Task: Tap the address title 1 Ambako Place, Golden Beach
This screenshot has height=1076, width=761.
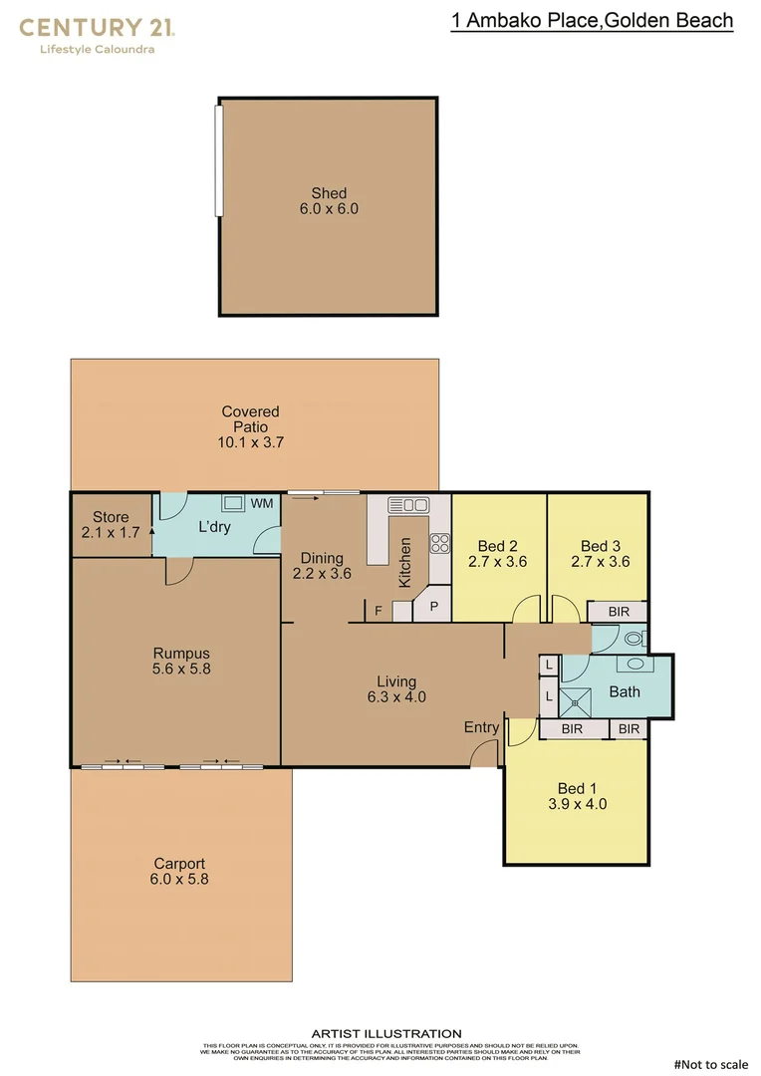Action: pyautogui.click(x=592, y=21)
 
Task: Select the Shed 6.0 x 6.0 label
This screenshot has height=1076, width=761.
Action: pyautogui.click(x=329, y=201)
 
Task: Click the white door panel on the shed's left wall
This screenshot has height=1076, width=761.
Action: pyautogui.click(x=219, y=160)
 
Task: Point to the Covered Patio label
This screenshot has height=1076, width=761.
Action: pyautogui.click(x=251, y=426)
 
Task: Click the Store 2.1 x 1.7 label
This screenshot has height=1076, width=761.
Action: pyautogui.click(x=111, y=525)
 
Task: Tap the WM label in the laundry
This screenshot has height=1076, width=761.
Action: pyautogui.click(x=262, y=504)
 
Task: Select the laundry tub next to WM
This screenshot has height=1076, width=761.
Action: pyautogui.click(x=234, y=503)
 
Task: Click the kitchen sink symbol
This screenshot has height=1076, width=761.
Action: pyautogui.click(x=407, y=504)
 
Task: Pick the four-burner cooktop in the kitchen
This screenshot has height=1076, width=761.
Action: pyautogui.click(x=439, y=543)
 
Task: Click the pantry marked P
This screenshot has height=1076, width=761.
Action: pyautogui.click(x=433, y=606)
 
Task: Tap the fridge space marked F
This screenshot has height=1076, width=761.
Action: pyautogui.click(x=379, y=611)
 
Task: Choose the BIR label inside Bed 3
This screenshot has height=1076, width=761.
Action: pyautogui.click(x=616, y=611)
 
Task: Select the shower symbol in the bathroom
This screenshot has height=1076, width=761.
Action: pyautogui.click(x=576, y=701)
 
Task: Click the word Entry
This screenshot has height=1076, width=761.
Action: pyautogui.click(x=481, y=727)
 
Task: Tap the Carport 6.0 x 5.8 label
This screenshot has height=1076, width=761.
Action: pyautogui.click(x=180, y=872)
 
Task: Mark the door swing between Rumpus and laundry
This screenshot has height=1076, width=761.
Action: pyautogui.click(x=179, y=570)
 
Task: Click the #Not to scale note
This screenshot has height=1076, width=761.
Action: pyautogui.click(x=710, y=1064)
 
